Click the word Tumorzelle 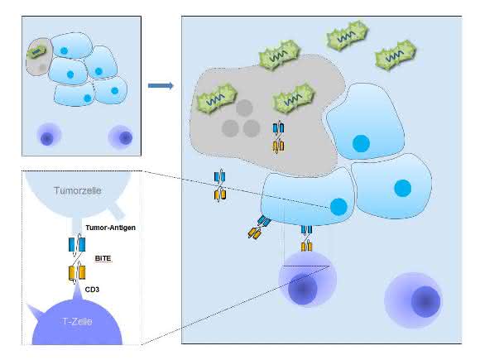pyautogui.click(x=78, y=190)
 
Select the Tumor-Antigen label pyautogui.click(x=111, y=228)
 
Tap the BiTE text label pyautogui.click(x=103, y=258)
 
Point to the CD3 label pyautogui.click(x=92, y=290)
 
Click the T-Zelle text pyautogui.click(x=77, y=321)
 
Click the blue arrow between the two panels pyautogui.click(x=161, y=85)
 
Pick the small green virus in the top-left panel pyautogui.click(x=36, y=52)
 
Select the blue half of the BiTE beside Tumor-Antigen pyautogui.click(x=77, y=245)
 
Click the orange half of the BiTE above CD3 pyautogui.click(x=76, y=272)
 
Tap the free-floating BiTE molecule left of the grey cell pyautogui.click(x=220, y=185)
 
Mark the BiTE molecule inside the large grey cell pyautogui.click(x=278, y=137)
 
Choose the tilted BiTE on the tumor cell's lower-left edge pyautogui.click(x=259, y=227)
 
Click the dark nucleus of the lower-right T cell pyautogui.click(x=425, y=301)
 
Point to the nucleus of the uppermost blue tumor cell pyautogui.click(x=361, y=143)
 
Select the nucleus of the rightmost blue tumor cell pyautogui.click(x=403, y=188)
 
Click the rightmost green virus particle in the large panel pyautogui.click(x=396, y=55)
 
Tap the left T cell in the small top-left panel pyautogui.click(x=48, y=137)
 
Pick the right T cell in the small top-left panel pyautogui.click(x=121, y=137)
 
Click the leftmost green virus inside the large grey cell pyautogui.click(x=217, y=98)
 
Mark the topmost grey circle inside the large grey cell pyautogui.click(x=244, y=108)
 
